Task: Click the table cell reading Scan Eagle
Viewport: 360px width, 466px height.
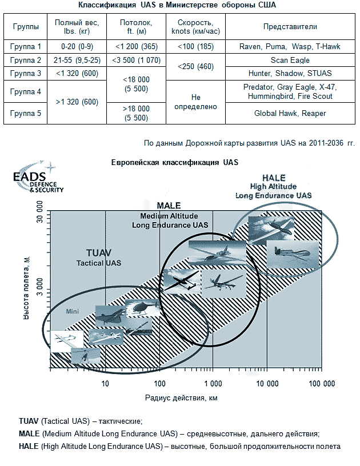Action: tap(290, 60)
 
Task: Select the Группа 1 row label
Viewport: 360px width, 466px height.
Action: tap(26, 46)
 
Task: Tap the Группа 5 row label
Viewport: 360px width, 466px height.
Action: tap(26, 113)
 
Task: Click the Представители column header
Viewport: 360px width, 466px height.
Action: tap(290, 27)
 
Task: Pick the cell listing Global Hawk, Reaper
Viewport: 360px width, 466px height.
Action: tap(290, 113)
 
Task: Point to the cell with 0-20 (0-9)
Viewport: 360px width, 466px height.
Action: tap(77, 46)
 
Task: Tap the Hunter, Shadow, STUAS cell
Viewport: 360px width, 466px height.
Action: tap(290, 74)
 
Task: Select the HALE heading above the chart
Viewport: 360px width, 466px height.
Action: tap(274, 178)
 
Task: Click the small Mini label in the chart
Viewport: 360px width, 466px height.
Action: tap(72, 312)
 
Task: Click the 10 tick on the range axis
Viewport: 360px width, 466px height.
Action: tap(105, 384)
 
